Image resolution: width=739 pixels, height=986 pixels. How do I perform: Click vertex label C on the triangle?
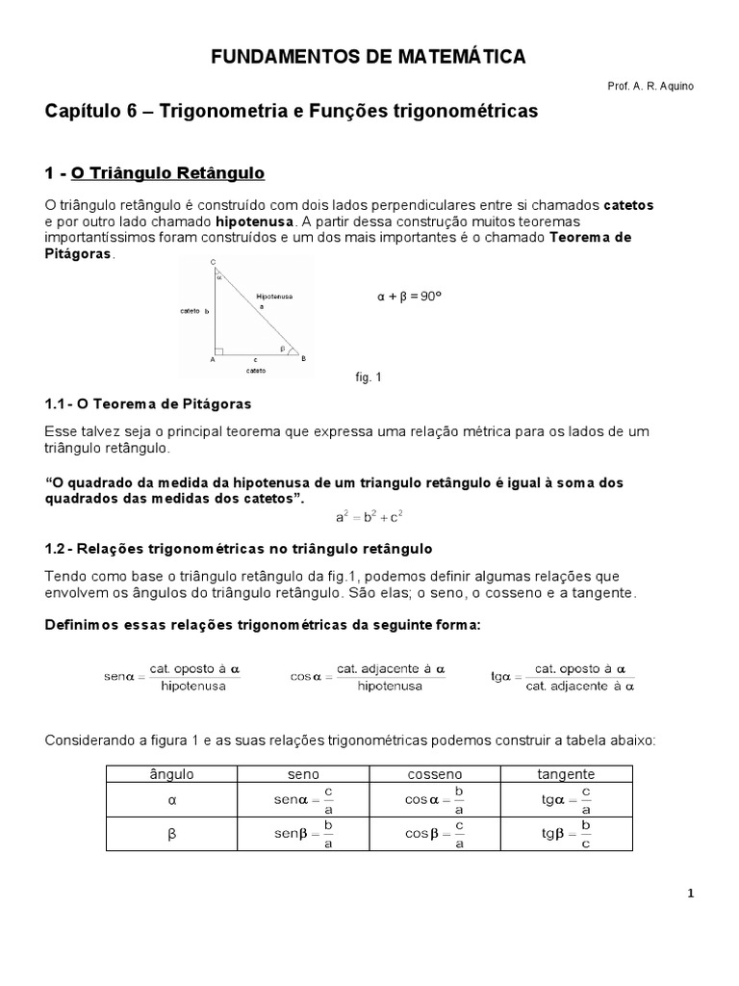point(212,262)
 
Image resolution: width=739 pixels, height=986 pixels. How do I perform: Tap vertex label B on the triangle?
point(303,359)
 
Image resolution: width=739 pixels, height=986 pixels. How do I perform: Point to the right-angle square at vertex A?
point(220,351)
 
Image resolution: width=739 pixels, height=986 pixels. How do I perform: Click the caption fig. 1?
point(369,377)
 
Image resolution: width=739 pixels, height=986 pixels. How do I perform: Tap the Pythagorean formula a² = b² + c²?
point(369,517)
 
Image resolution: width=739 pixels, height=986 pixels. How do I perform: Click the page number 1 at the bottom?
point(690,894)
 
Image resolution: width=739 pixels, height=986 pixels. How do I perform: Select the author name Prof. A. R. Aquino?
point(650,87)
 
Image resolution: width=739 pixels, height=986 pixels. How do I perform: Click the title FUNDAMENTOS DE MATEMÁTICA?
point(369,58)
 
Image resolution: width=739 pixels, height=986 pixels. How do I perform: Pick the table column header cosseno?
point(434,773)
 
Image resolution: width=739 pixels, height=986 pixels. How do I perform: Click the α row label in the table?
point(171,799)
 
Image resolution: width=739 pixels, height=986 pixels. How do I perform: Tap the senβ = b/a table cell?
point(302,834)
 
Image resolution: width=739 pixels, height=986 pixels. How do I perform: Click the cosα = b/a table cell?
point(434,799)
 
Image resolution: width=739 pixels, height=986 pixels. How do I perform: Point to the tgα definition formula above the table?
point(563,677)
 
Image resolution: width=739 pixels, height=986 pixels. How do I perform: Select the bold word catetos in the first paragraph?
point(627,205)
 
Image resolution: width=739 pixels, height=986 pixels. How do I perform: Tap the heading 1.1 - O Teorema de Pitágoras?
point(148,402)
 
